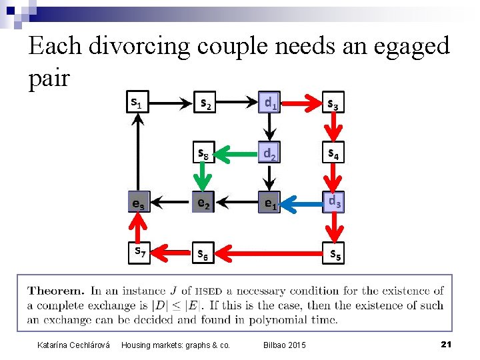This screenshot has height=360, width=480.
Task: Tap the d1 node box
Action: (269, 103)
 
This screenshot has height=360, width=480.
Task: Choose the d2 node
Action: (269, 153)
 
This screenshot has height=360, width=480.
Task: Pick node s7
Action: (139, 252)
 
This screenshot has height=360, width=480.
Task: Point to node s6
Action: (204, 254)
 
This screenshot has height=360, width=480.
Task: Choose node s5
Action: (334, 254)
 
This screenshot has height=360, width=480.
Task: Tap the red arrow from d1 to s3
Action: (301, 103)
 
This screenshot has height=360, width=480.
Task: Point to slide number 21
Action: (447, 343)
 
